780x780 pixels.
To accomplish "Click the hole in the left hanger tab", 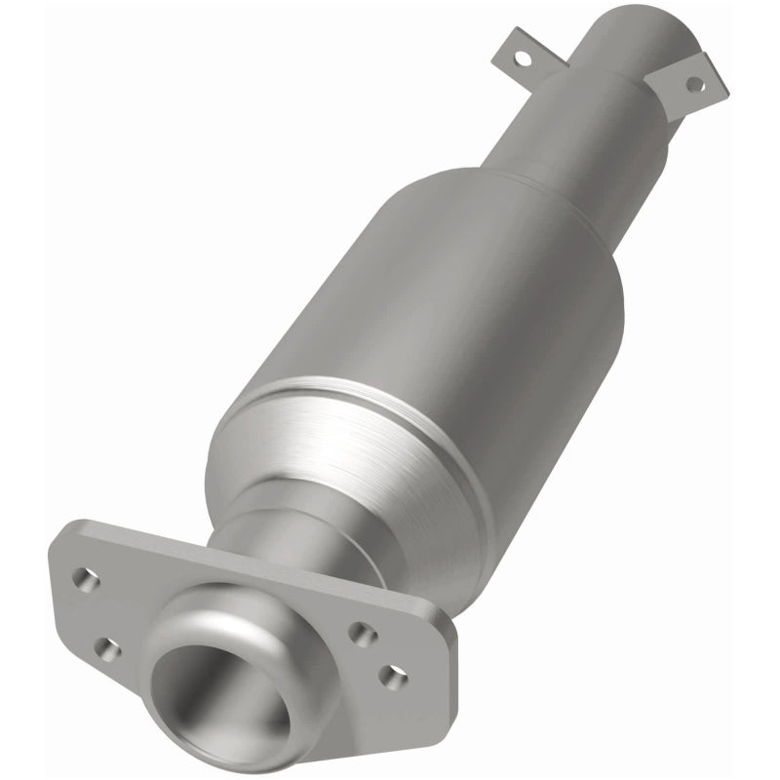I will pos(524,58).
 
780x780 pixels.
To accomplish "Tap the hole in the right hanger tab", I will pos(694,84).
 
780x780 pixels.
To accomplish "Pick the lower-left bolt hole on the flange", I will pos(108,649).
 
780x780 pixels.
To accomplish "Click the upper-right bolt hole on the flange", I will pos(363,635).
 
